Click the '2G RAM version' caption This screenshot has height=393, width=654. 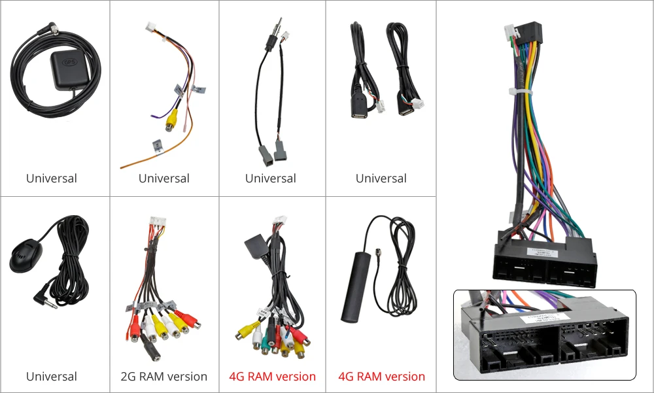(164, 377)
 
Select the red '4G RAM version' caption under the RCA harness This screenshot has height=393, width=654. (272, 377)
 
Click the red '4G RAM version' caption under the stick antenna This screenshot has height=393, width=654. (381, 377)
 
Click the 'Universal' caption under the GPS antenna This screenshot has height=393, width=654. (52, 179)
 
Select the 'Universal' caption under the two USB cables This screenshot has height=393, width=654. (381, 179)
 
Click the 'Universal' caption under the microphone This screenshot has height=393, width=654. (52, 377)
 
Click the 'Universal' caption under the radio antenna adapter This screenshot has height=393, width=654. (270, 179)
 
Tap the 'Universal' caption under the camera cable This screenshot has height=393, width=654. (164, 179)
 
